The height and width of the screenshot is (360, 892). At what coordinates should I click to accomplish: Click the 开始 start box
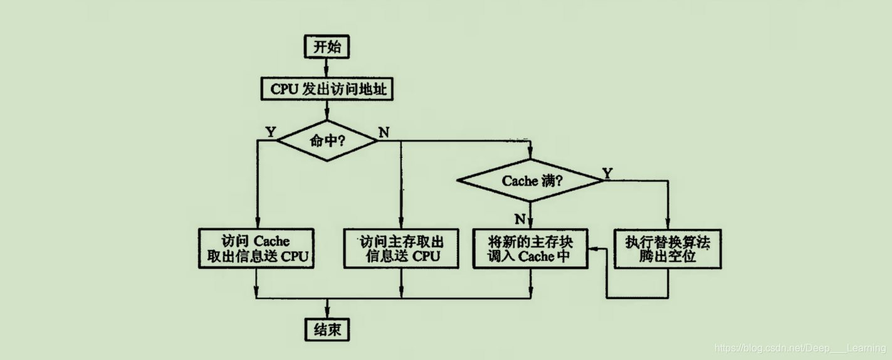pos(327,46)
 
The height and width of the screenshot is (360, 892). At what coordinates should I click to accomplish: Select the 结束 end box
pos(327,329)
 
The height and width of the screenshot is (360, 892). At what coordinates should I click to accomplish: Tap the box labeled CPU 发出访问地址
pos(327,89)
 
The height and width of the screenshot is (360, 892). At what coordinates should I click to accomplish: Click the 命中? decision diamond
pos(327,140)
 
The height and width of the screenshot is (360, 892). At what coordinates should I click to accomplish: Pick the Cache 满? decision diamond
pos(530,181)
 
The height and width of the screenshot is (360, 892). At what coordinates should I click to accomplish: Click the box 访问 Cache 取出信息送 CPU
pos(256,248)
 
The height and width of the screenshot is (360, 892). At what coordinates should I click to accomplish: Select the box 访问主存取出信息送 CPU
pos(401,248)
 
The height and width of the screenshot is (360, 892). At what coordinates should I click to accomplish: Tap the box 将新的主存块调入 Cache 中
pos(530,248)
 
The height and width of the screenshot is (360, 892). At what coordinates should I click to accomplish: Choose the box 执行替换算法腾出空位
pos(668,248)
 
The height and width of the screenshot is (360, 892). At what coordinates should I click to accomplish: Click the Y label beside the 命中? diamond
pos(270,132)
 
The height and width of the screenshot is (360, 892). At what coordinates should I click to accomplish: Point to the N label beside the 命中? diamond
pos(384,132)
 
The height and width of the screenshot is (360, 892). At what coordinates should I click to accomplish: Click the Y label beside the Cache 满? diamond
pos(607,172)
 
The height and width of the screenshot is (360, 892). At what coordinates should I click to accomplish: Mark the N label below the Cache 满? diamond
pos(520,218)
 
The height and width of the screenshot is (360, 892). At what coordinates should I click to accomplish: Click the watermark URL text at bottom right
pos(800,348)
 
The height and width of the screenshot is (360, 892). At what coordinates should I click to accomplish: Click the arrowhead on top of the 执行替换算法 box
pos(668,225)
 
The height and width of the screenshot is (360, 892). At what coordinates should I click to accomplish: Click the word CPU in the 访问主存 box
pos(426,257)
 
